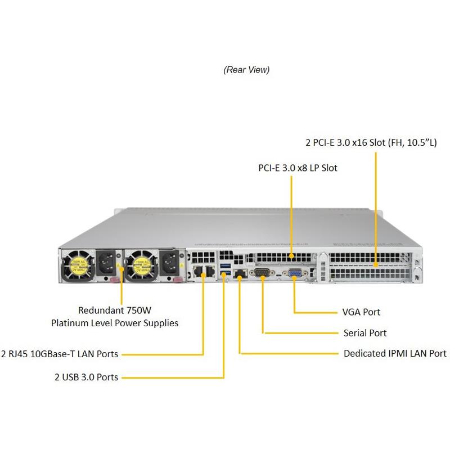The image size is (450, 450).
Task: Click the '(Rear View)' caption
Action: [x=246, y=70]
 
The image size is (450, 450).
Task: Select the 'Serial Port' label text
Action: [x=364, y=333]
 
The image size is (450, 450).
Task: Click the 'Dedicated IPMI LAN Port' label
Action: [x=395, y=354]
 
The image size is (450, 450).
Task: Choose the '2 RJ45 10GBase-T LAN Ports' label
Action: [x=60, y=354]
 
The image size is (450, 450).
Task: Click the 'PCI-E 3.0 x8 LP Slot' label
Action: [x=298, y=168]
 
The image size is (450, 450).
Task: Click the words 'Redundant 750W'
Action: [x=115, y=310]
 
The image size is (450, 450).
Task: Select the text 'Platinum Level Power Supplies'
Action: [x=115, y=323]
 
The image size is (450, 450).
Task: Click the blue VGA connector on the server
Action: [x=294, y=274]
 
